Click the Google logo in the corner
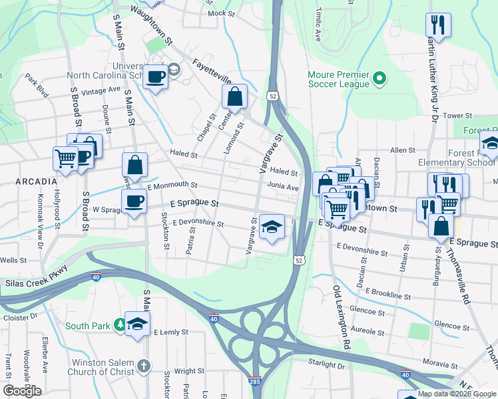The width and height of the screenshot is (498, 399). pyautogui.click(x=22, y=390)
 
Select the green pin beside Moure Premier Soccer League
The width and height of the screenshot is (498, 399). pyautogui.click(x=379, y=79)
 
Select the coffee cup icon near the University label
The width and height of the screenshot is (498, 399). pyautogui.click(x=156, y=77)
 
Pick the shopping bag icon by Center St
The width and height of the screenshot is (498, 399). pyautogui.click(x=235, y=97)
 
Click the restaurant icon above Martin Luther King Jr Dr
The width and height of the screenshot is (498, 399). pyautogui.click(x=437, y=25)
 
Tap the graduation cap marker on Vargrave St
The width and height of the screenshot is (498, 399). pyautogui.click(x=271, y=227)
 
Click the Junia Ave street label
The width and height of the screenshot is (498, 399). pyautogui.click(x=284, y=188)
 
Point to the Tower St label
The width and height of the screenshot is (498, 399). pyautogui.click(x=457, y=116)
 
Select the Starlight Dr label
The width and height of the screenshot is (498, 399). pyautogui.click(x=326, y=364)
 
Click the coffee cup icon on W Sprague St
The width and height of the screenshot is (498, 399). pyautogui.click(x=134, y=201)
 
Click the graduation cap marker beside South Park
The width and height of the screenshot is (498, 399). pyautogui.click(x=137, y=324)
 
